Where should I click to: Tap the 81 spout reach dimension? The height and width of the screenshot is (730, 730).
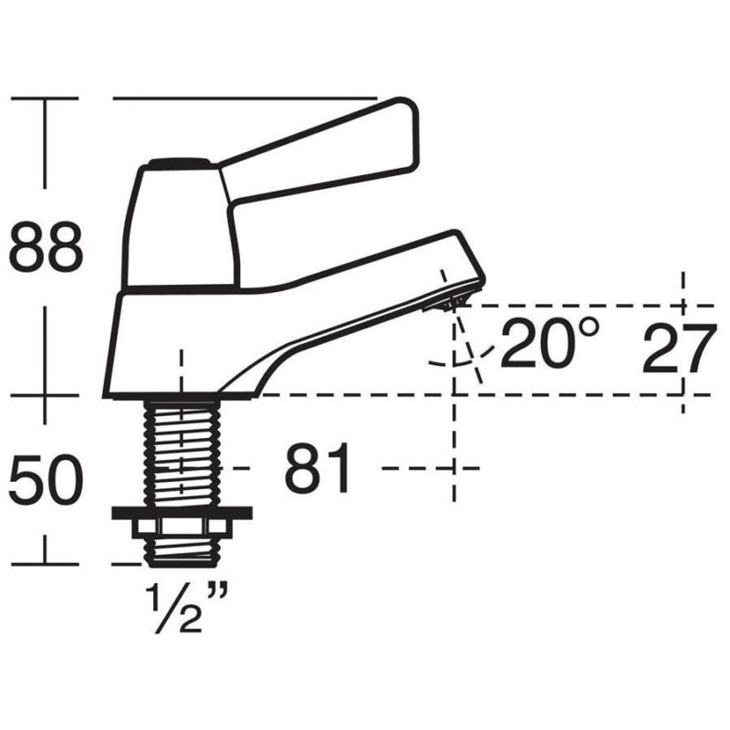pos(317,467)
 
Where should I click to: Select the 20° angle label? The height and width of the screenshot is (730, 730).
pos(549,343)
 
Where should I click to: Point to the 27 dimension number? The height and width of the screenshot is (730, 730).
pos(679,349)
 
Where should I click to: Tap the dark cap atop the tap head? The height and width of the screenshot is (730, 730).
pos(179,164)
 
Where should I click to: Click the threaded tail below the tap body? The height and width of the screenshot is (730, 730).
pos(182,453)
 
